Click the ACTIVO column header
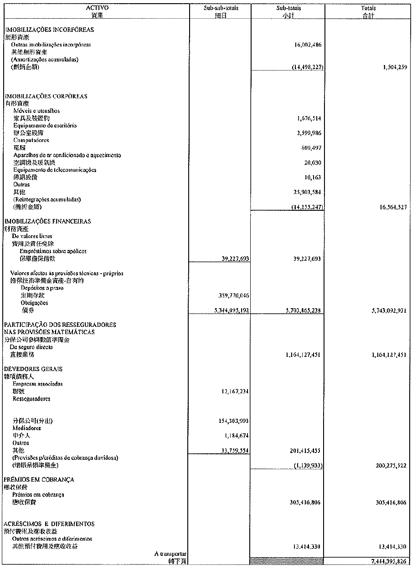[97, 8]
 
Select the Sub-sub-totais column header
[221, 8]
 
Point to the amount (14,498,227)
[308, 67]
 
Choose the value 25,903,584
[306, 192]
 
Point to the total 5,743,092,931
[386, 310]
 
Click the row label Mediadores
[27, 428]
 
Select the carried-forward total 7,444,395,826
[386, 561]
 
